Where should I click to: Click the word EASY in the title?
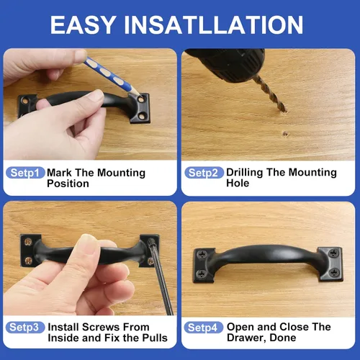click(x=83, y=24)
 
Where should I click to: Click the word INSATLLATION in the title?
click(x=214, y=24)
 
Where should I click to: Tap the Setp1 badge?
click(x=25, y=173)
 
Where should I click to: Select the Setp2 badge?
click(x=204, y=173)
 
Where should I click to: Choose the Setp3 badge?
click(x=25, y=328)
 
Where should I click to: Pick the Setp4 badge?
click(x=204, y=328)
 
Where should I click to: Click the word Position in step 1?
click(x=68, y=184)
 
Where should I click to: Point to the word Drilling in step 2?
click(x=245, y=173)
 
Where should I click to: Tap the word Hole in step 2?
click(x=238, y=183)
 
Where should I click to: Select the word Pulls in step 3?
click(x=155, y=338)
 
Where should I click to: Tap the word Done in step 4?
click(x=283, y=338)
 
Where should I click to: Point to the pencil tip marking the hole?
click(x=138, y=96)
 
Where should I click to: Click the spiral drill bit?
click(x=271, y=94)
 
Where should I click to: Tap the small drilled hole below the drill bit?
click(x=285, y=134)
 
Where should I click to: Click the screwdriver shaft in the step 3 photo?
click(x=160, y=276)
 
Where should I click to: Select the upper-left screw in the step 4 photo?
click(x=203, y=254)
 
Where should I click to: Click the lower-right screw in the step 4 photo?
click(x=334, y=272)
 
